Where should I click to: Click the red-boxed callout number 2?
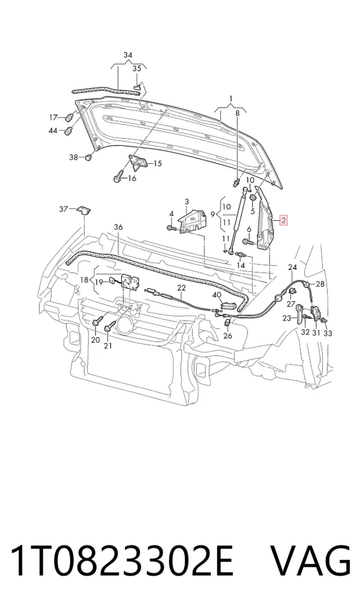284,220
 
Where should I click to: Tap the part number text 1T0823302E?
122,561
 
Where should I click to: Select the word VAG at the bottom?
311,561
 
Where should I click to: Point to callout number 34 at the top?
128,55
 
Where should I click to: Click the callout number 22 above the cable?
182,288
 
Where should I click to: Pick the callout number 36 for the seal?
118,227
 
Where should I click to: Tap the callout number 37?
64,209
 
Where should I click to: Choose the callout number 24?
292,267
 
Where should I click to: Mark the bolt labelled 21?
109,326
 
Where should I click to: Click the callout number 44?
53,131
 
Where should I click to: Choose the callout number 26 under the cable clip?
228,336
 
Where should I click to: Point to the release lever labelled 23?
299,313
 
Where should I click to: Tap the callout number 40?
217,295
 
